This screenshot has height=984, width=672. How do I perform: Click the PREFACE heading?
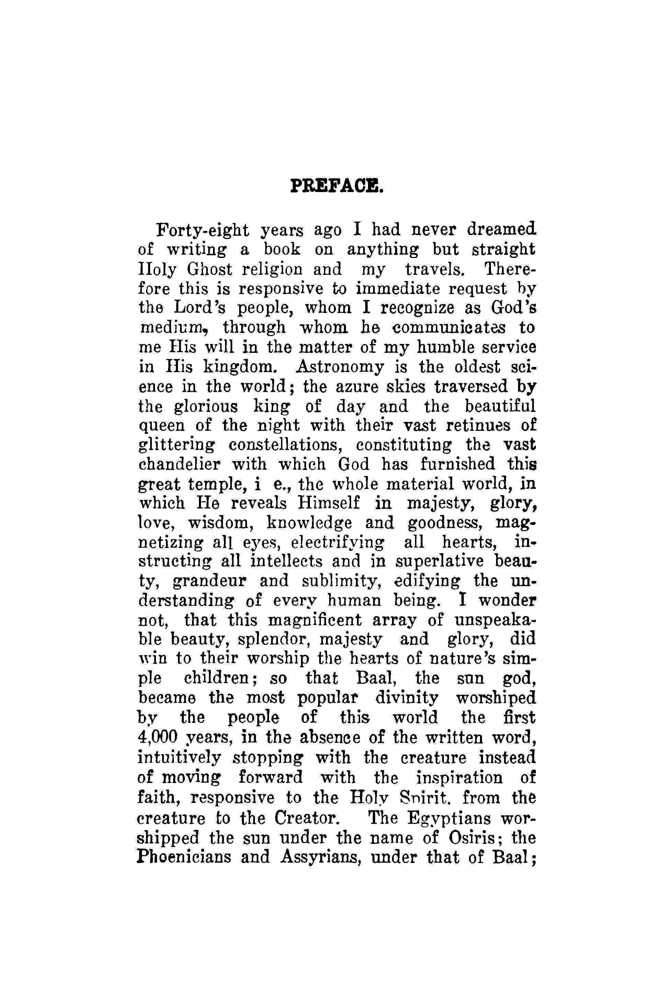337,186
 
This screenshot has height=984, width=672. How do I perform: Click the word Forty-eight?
202,231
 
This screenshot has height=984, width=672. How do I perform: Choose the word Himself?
328,503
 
